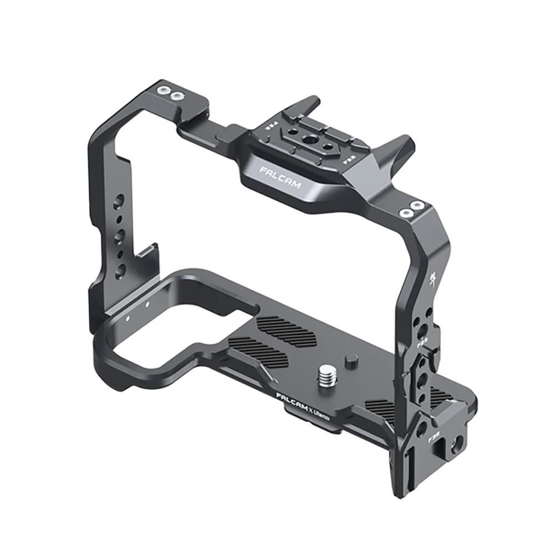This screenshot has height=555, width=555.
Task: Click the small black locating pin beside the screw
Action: pos(350,361)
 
